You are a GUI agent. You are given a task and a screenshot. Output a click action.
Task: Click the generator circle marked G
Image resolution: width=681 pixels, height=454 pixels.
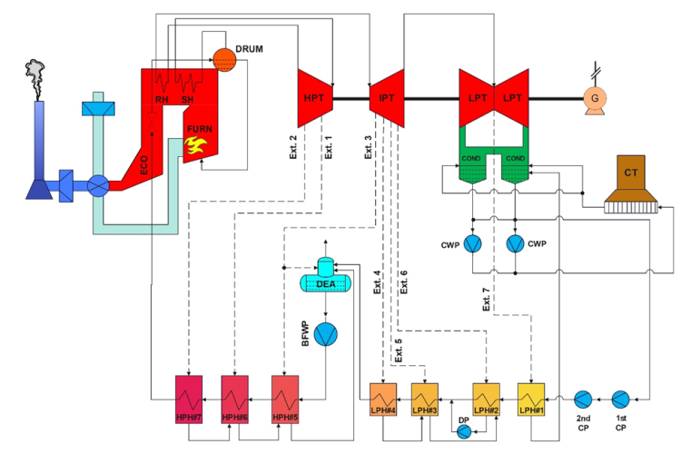click(x=597, y=93)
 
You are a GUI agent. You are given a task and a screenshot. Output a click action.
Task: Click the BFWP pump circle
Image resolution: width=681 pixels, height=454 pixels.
click(x=326, y=333)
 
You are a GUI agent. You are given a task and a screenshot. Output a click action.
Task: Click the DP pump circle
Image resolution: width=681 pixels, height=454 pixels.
click(x=464, y=432)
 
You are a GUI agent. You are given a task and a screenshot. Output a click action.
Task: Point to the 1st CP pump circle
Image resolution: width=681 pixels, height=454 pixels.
click(x=620, y=399)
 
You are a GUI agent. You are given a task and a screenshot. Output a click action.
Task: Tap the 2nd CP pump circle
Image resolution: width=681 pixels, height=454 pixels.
click(x=581, y=399)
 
